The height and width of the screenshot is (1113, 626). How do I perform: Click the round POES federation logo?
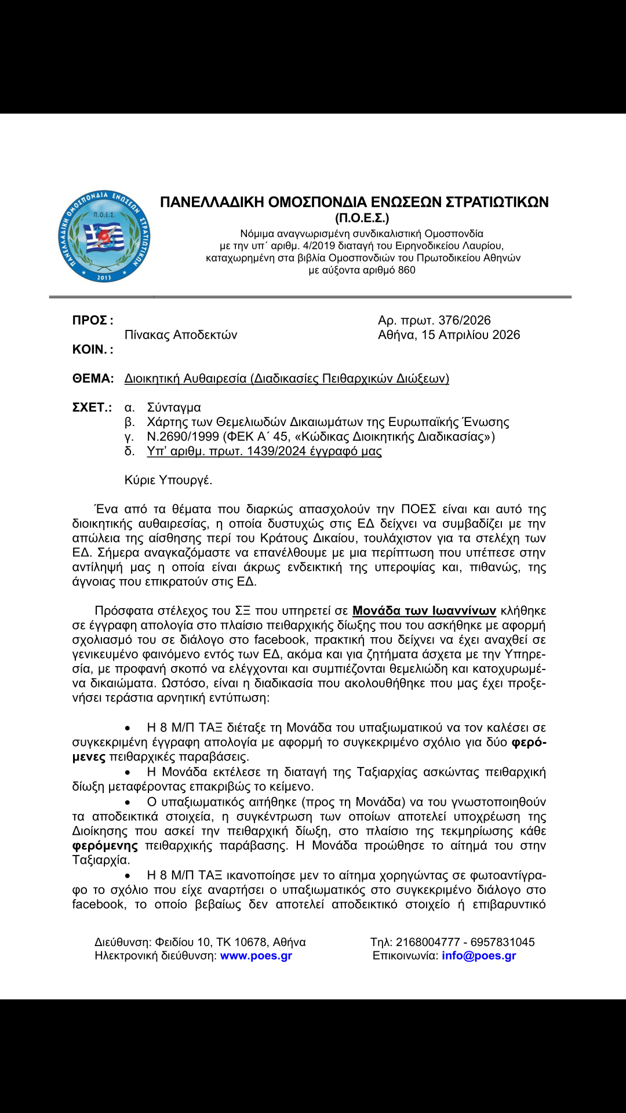pyautogui.click(x=104, y=237)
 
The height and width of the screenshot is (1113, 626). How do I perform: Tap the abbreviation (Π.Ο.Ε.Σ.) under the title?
pyautogui.click(x=362, y=219)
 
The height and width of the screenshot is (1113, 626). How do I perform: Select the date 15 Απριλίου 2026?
pyautogui.click(x=471, y=335)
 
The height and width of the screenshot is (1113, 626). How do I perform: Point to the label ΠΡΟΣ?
pyautogui.click(x=90, y=321)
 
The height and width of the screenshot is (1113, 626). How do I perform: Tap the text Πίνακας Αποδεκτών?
pyautogui.click(x=181, y=335)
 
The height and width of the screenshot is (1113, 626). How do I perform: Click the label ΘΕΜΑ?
pyautogui.click(x=93, y=379)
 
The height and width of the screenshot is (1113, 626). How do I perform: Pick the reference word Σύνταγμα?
pyautogui.click(x=174, y=408)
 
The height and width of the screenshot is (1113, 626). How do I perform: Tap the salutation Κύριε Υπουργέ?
pyautogui.click(x=168, y=480)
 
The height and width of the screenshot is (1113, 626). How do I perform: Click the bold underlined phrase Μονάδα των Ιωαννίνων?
pyautogui.click(x=424, y=611)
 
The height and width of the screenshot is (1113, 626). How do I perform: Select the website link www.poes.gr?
pyautogui.click(x=256, y=956)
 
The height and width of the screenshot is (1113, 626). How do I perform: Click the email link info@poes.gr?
pyautogui.click(x=479, y=956)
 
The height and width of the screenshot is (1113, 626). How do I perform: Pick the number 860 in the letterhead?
pyautogui.click(x=406, y=270)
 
